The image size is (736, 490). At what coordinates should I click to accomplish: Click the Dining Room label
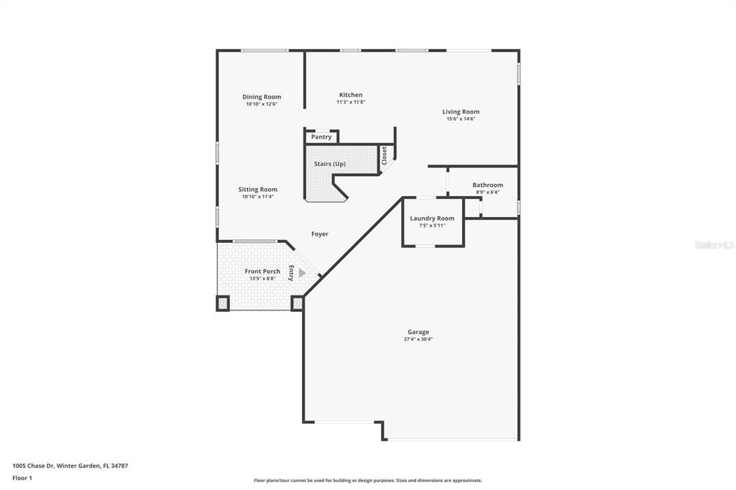[262, 97]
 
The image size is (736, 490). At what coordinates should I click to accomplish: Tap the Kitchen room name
[351, 95]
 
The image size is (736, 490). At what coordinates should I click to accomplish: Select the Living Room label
[461, 111]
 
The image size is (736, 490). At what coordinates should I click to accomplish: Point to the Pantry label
[321, 137]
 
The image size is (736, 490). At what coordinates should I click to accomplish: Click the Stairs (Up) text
[330, 164]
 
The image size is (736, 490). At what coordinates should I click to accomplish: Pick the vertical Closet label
[385, 156]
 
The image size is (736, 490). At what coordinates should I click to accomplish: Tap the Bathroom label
[487, 185]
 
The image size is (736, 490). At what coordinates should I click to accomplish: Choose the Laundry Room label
[432, 218]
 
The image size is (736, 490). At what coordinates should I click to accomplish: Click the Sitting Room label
[257, 190]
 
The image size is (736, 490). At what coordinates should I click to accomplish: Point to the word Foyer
[320, 234]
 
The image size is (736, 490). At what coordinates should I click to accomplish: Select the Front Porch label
[262, 271]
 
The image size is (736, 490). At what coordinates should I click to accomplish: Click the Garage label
[418, 332]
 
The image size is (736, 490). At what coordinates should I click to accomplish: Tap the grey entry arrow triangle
[303, 273]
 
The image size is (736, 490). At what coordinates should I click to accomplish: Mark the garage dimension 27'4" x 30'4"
[418, 339]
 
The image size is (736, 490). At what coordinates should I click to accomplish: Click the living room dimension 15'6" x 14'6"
[461, 119]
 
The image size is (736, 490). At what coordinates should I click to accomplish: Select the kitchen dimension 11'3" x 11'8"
[351, 102]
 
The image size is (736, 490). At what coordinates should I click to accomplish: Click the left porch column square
[223, 303]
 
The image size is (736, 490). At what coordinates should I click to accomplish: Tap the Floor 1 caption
[23, 477]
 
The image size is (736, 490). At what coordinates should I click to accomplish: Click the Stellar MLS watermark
[713, 245]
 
